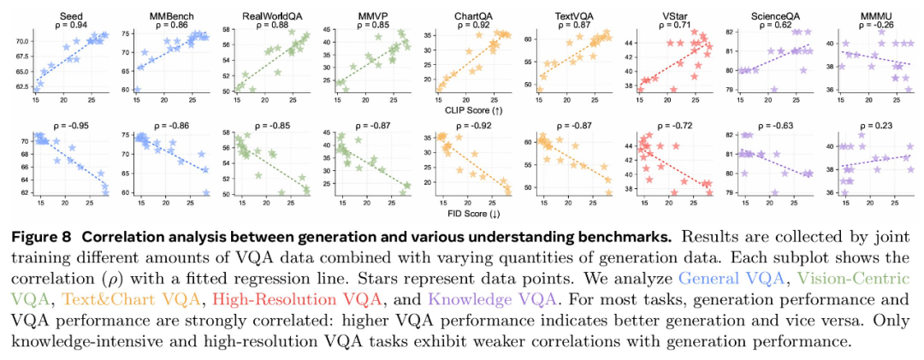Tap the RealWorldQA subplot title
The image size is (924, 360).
pos(271,15)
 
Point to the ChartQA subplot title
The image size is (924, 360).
pos(471,15)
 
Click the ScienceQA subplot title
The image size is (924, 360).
pos(772,15)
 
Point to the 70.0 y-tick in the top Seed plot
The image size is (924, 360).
pos(21,41)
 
